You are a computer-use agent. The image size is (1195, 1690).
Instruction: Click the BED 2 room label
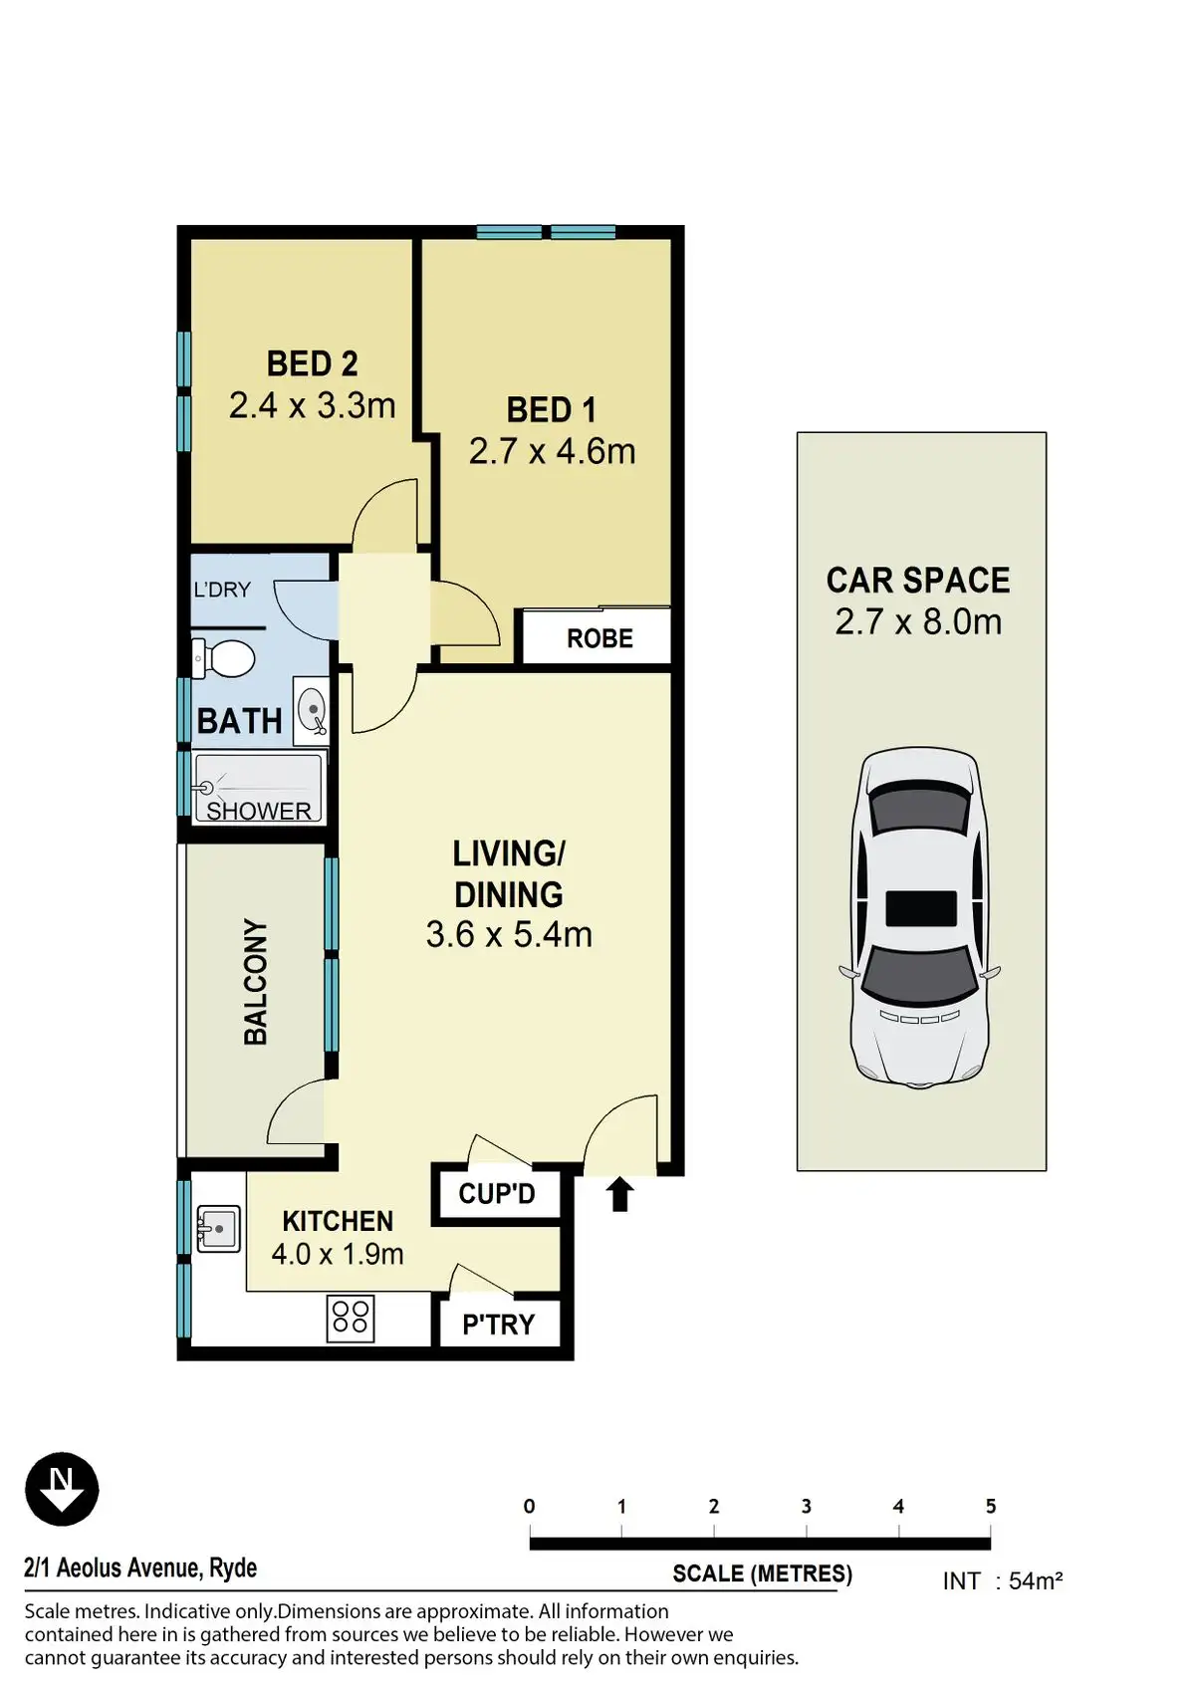(x=312, y=363)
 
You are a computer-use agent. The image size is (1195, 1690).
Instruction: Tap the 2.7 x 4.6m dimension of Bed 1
(x=553, y=451)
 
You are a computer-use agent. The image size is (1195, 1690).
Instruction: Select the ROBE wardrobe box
(x=597, y=636)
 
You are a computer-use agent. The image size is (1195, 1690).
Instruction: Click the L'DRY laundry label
(x=221, y=590)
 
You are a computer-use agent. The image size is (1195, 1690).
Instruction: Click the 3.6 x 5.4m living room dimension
(x=509, y=934)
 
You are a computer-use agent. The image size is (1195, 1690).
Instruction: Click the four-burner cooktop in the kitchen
(x=351, y=1319)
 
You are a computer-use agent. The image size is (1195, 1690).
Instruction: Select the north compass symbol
(x=62, y=1489)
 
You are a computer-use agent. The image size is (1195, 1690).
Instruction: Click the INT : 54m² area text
(x=1003, y=1579)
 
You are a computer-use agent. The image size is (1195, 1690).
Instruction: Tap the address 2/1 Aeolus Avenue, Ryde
(x=140, y=1568)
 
